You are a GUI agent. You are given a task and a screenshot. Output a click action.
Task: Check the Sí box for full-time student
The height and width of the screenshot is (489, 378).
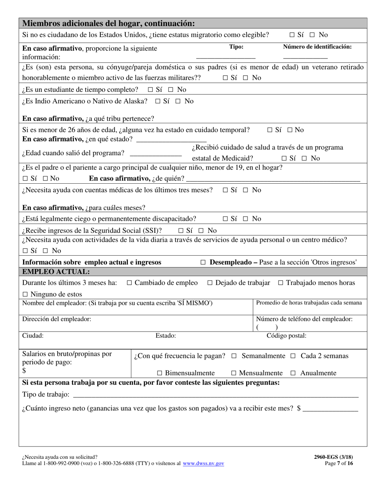coord(150,89)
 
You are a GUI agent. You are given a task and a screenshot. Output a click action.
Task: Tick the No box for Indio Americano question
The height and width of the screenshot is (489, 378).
coord(177,101)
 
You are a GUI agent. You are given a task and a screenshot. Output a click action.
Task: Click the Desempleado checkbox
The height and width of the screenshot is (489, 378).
coord(203,262)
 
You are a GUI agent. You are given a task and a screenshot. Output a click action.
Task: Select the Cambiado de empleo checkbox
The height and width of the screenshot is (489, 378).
coord(129,283)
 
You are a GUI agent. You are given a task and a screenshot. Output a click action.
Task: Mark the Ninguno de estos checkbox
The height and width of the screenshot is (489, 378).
coord(25,295)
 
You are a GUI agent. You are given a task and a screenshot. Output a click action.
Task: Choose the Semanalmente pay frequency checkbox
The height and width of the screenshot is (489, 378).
coord(234,356)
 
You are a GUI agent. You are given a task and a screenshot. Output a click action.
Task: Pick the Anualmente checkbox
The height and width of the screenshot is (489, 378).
coord(293,373)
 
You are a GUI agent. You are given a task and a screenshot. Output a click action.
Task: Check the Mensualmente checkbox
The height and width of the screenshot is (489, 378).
coord(234,373)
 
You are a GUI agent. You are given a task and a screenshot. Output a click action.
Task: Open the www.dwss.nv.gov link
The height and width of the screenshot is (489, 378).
coord(203,464)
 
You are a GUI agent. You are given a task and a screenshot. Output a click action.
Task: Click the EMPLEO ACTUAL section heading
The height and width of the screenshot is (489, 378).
coord(56,272)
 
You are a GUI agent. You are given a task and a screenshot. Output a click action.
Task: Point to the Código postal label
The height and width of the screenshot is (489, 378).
coord(286,336)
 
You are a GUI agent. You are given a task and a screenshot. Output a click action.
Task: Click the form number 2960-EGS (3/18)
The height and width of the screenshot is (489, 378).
coord(333,457)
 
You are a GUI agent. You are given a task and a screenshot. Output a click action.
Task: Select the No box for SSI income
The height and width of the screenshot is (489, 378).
coord(201,231)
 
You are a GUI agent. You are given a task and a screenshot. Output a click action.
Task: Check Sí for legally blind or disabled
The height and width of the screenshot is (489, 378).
coord(226,219)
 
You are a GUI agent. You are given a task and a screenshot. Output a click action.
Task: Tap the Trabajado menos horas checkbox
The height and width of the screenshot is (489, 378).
coord(281,283)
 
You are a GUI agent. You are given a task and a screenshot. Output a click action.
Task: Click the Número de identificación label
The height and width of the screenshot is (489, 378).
coord(317,47)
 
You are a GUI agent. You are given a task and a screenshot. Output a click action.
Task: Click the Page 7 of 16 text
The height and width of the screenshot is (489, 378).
coord(339,464)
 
